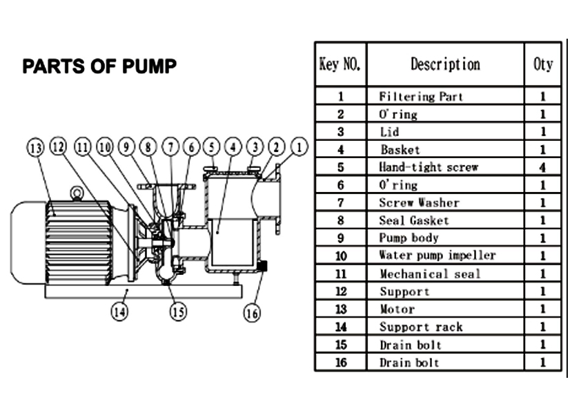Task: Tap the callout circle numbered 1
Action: pos(299,146)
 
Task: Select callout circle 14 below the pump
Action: pos(120,311)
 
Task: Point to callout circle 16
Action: pos(253,312)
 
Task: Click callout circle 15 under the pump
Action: pos(179,312)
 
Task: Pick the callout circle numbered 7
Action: pos(170,146)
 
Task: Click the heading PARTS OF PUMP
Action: pos(99,66)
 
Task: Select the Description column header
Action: pos(445,64)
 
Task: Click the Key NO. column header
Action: pos(340,64)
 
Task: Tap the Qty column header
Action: pos(543,64)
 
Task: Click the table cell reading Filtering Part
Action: pos(421,97)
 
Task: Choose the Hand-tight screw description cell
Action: pos(428,167)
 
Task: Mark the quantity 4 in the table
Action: pos(543,167)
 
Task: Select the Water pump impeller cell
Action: pos(437,256)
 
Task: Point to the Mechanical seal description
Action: pos(430,274)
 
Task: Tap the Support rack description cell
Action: pos(421,327)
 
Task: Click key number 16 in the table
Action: pos(340,362)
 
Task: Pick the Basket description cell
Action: pos(400,149)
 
